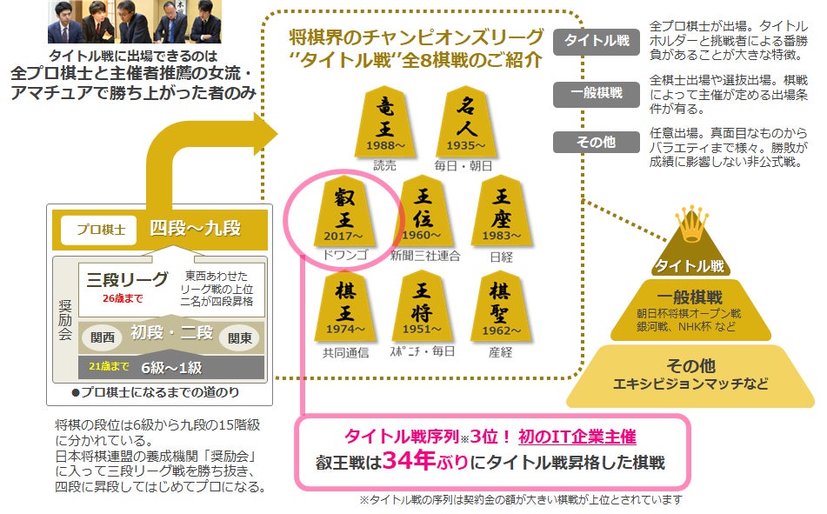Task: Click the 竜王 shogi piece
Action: pyautogui.click(x=385, y=122)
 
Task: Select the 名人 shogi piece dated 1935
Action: pyautogui.click(x=466, y=122)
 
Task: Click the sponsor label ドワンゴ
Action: pyautogui.click(x=345, y=256)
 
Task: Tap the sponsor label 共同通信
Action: pyautogui.click(x=345, y=352)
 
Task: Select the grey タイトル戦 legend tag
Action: pyautogui.click(x=596, y=41)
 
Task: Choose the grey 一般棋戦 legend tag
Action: pyautogui.click(x=596, y=93)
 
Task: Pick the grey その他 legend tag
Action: pyautogui.click(x=596, y=142)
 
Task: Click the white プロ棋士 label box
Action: pyautogui.click(x=99, y=230)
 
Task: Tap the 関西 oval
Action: pyautogui.click(x=103, y=337)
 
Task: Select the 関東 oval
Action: pyautogui.click(x=239, y=337)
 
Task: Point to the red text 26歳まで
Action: pyautogui.click(x=123, y=298)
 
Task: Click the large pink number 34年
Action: pyautogui.click(x=410, y=460)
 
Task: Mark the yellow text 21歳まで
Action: pyautogui.click(x=109, y=366)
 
